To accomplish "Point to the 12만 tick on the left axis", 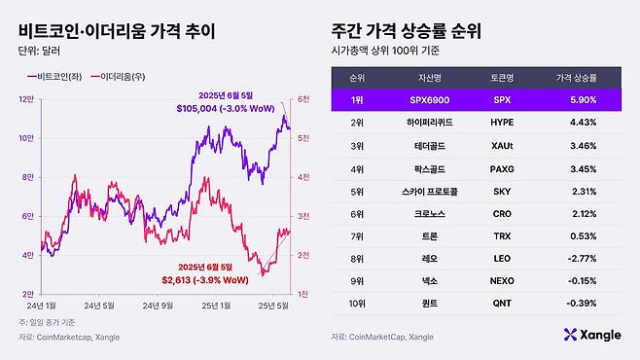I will coord(26,98).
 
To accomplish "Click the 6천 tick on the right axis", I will coord(302,98).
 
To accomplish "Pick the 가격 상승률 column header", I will coord(575,76).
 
